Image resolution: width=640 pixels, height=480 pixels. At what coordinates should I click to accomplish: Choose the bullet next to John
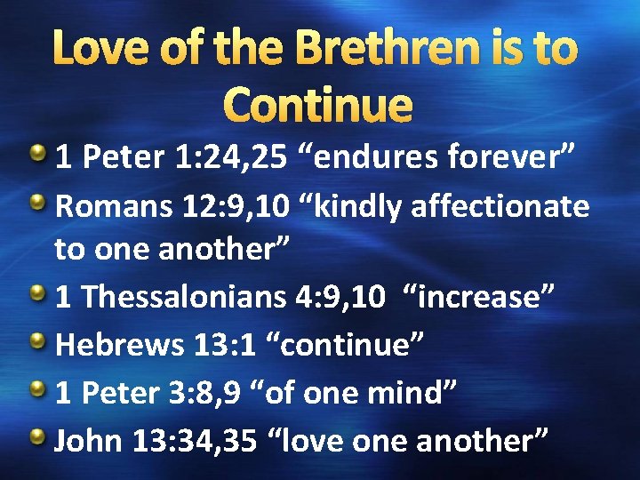point(39,438)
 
